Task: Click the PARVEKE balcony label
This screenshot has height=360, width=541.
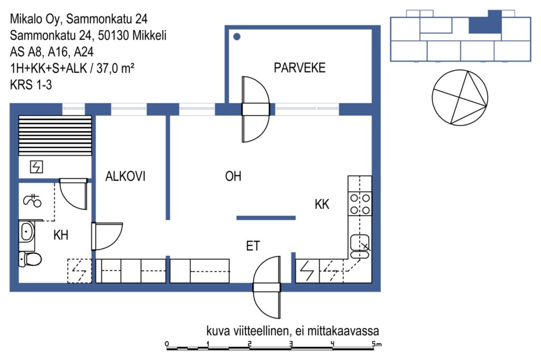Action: [x=300, y=68]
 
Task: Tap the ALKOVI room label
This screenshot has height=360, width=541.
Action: [x=125, y=177]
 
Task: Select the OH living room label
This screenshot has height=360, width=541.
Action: [x=233, y=177]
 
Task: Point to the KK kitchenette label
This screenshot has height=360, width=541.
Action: [x=322, y=204]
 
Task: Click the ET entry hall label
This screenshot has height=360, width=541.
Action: [x=253, y=246]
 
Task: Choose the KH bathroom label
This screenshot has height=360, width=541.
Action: [x=61, y=235]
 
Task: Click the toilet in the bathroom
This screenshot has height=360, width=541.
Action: [x=30, y=259]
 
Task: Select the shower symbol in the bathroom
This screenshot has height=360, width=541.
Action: [x=32, y=200]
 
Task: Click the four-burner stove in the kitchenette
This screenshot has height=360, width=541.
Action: [x=360, y=204]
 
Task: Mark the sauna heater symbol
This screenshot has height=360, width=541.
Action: [x=36, y=167]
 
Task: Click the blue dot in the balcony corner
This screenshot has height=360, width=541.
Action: [x=237, y=36]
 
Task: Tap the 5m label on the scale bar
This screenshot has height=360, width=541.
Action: [x=377, y=344]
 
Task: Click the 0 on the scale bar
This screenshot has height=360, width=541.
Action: [x=167, y=344]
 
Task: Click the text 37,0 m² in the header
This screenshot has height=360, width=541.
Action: [x=115, y=68]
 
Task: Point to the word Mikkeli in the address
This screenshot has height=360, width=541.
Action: [x=149, y=35]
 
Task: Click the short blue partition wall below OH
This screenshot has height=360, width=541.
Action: [x=266, y=218]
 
